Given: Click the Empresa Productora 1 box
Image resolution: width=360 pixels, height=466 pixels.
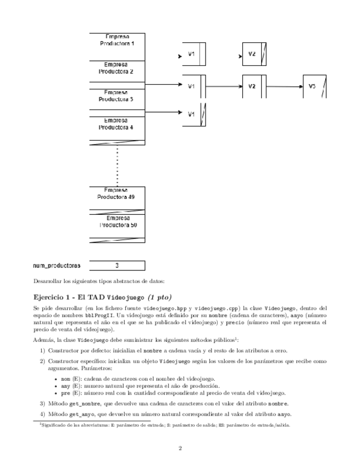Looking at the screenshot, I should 117,40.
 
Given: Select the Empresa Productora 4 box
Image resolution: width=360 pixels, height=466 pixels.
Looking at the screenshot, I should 117,124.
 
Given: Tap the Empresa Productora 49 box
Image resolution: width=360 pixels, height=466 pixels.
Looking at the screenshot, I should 117,193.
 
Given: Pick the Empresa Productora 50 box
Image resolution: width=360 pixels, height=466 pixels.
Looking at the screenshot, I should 117,221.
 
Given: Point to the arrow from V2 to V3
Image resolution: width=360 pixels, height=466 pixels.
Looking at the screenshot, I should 285,86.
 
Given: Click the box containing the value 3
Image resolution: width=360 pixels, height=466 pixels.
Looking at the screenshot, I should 117,265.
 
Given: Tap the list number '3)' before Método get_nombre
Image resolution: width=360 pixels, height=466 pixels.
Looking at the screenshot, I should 42,403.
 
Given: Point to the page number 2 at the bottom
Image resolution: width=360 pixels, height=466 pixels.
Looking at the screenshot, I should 180,447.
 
